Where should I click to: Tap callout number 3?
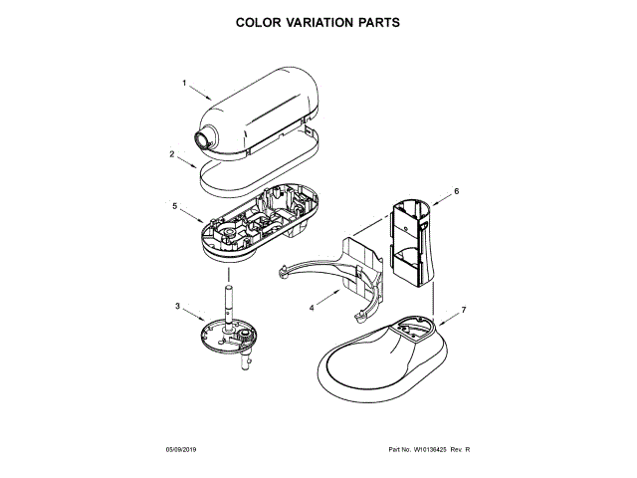coord(177,306)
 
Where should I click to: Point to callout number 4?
coord(311,308)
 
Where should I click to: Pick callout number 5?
coord(174,206)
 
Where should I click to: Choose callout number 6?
coord(456,190)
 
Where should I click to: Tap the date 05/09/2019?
coord(184,450)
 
